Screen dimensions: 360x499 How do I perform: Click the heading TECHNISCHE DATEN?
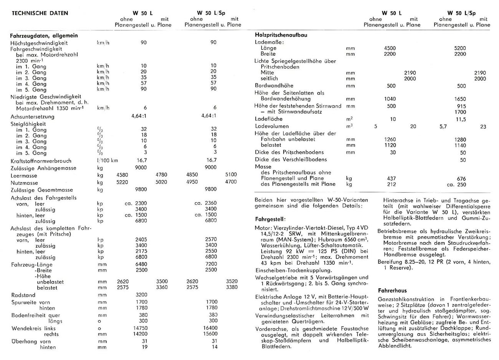(x=40, y=13)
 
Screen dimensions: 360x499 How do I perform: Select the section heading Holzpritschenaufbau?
(x=281, y=35)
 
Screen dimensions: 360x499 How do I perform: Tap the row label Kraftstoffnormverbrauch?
(x=41, y=161)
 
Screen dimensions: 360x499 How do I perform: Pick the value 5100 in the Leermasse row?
(x=231, y=174)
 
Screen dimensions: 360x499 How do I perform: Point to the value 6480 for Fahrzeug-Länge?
(x=142, y=264)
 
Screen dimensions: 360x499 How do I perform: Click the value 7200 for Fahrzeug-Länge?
(x=211, y=264)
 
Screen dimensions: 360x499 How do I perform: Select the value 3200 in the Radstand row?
(x=142, y=295)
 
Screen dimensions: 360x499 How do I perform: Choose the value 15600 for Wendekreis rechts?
(x=210, y=334)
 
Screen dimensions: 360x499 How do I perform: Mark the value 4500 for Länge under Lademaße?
(x=390, y=48)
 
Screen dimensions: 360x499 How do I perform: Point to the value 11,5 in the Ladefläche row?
(x=461, y=119)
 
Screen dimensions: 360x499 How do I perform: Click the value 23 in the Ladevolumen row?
(x=483, y=126)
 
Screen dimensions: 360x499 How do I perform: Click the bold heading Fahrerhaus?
(x=392, y=290)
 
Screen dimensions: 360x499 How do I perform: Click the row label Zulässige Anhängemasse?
(x=43, y=168)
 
